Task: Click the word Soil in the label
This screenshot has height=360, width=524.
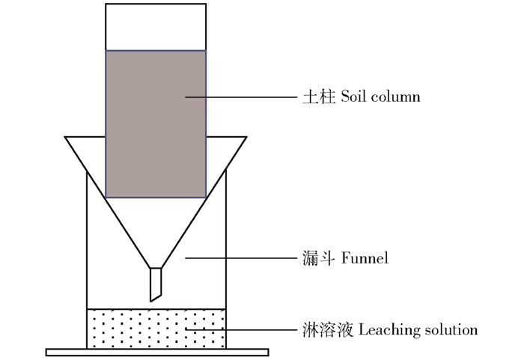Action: pos(354,97)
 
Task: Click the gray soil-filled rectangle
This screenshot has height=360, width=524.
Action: pos(156,123)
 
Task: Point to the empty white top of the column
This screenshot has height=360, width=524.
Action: pos(156,27)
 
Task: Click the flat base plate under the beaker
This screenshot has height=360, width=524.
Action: pos(156,352)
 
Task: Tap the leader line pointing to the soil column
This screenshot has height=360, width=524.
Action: pos(240,97)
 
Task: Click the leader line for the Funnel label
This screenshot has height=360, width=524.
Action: pos(240,259)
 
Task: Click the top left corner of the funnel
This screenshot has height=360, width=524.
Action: pos(66,137)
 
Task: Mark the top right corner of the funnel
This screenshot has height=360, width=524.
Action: pos(247,137)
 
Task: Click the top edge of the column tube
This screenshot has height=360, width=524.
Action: pos(156,4)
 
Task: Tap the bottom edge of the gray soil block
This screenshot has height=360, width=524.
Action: pos(156,197)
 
